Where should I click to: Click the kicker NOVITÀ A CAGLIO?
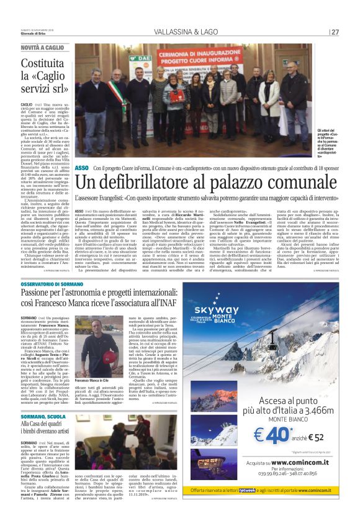point(42,47)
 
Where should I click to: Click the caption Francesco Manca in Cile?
point(92,380)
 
